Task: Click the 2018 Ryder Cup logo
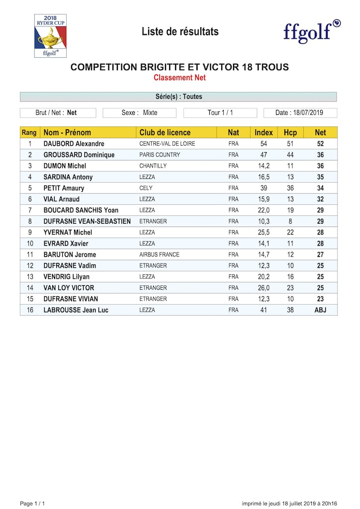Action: (x=50, y=35)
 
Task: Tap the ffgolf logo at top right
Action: (x=312, y=32)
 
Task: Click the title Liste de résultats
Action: (x=180, y=32)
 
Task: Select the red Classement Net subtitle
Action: (x=180, y=78)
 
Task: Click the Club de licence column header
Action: (x=165, y=133)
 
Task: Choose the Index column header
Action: (x=264, y=133)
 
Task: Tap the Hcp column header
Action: (x=290, y=133)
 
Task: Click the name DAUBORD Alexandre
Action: (x=74, y=144)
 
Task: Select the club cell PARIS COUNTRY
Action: (x=160, y=155)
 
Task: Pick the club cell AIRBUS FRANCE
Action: (x=159, y=254)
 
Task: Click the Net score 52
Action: (x=320, y=144)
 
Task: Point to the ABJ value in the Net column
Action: (x=320, y=310)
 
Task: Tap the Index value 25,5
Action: (x=264, y=232)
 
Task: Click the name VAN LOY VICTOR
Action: (x=69, y=288)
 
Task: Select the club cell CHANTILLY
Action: (x=153, y=166)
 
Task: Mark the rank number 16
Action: (x=30, y=310)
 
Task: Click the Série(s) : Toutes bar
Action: (x=179, y=96)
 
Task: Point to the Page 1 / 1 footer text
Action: (x=32, y=504)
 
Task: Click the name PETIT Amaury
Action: (x=64, y=188)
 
